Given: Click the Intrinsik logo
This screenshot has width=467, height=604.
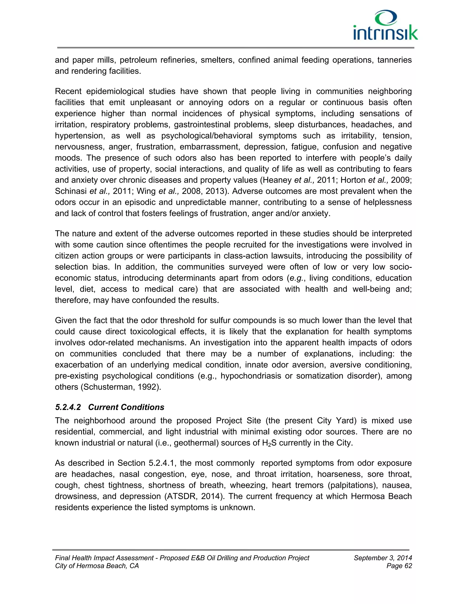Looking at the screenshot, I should point(385,26).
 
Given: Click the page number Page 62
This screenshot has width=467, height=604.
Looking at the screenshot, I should point(399,566).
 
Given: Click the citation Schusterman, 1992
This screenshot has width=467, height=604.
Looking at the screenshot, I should point(120,387).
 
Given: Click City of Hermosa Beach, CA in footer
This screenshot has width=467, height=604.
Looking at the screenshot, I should point(97,566).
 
